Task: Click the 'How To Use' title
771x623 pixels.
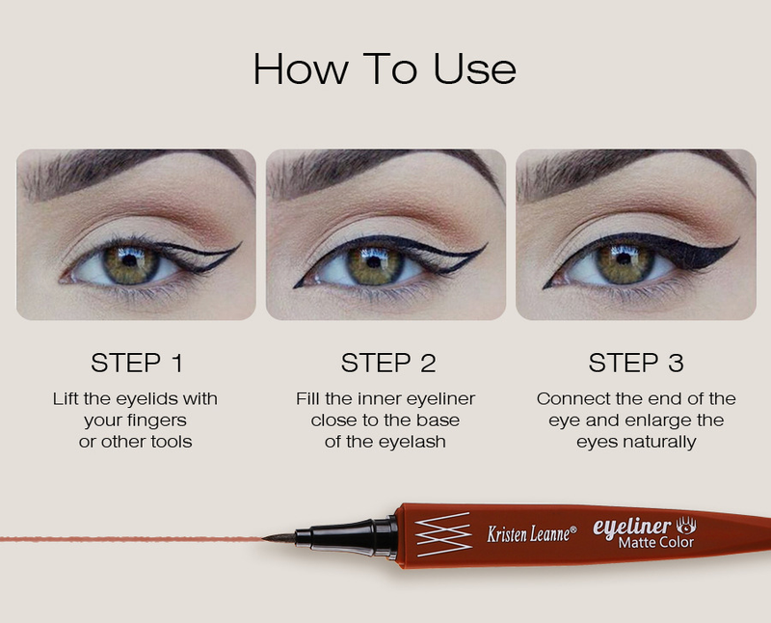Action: click(385, 68)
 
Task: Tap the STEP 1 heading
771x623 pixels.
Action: click(137, 364)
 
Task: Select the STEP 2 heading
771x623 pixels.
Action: click(388, 364)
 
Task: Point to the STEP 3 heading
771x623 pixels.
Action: click(636, 364)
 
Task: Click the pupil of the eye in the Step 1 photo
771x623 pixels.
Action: click(130, 260)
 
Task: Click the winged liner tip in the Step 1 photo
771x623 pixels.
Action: click(241, 243)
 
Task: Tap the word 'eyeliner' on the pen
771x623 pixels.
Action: click(632, 527)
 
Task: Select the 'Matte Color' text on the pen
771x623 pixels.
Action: click(656, 542)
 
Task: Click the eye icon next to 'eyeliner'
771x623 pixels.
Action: click(686, 526)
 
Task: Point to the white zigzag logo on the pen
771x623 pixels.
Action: click(443, 534)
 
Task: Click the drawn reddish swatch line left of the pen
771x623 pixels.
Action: click(131, 539)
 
